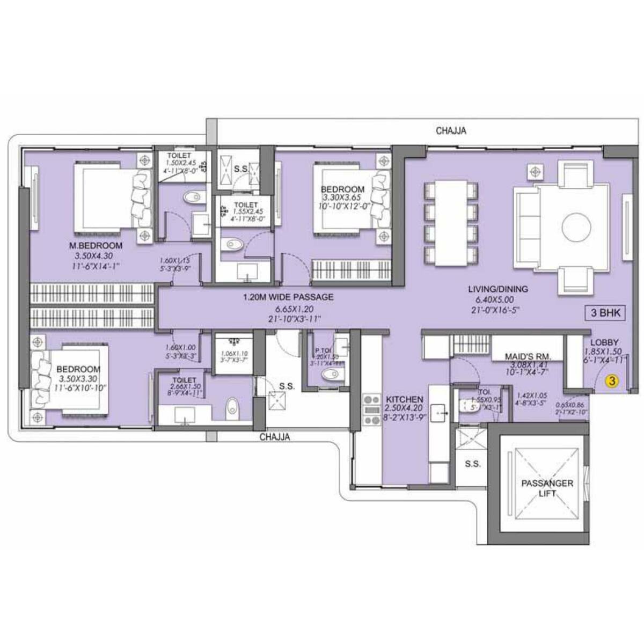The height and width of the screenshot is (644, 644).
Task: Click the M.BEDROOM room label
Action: (96, 246)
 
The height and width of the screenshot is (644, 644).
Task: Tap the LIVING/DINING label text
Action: (497, 289)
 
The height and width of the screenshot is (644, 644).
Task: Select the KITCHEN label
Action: (404, 400)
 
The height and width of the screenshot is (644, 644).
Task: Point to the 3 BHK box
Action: (605, 313)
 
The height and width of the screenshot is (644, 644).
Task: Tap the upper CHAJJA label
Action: (451, 130)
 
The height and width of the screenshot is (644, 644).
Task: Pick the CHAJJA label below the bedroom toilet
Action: (274, 437)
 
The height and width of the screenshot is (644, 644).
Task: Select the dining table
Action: (451, 223)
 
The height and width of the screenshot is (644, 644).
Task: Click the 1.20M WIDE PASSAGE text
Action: (288, 297)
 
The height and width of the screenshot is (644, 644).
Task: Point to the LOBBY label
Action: (604, 342)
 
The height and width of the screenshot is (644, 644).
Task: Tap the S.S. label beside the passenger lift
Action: (472, 464)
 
